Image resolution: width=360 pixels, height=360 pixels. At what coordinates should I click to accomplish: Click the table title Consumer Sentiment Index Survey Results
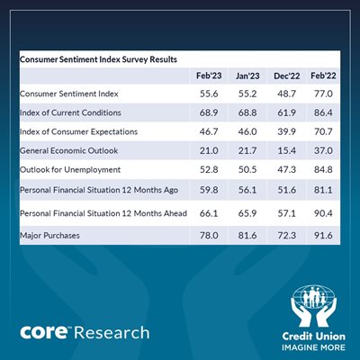pyautogui.click(x=98, y=59)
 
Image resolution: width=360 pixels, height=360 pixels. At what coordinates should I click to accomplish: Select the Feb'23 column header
pyautogui.click(x=209, y=76)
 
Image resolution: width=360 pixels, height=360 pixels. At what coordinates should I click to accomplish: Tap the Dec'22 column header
pyautogui.click(x=287, y=76)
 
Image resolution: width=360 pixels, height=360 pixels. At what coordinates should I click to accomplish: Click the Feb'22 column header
pyautogui.click(x=323, y=76)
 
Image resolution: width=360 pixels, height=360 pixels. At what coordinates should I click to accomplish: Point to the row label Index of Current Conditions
pyautogui.click(x=70, y=112)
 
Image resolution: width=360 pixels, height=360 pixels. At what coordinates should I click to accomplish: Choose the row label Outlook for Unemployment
pyautogui.click(x=70, y=170)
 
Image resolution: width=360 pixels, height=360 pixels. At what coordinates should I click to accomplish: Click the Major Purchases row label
pyautogui.click(x=49, y=236)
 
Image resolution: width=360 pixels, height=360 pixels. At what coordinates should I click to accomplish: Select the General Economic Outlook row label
pyautogui.click(x=69, y=150)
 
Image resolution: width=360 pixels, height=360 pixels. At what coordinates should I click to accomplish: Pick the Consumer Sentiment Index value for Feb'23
pyautogui.click(x=209, y=94)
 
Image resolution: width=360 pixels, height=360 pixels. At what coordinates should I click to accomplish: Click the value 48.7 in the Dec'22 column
pyautogui.click(x=287, y=94)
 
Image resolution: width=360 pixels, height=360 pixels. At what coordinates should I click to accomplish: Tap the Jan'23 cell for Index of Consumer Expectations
pyautogui.click(x=247, y=131)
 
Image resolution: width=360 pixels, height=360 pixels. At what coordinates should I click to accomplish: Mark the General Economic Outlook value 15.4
pyautogui.click(x=287, y=150)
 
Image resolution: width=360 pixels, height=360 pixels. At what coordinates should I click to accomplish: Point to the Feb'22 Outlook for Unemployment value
pyautogui.click(x=323, y=170)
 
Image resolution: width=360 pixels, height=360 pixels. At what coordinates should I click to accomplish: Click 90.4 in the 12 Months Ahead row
pyautogui.click(x=323, y=213)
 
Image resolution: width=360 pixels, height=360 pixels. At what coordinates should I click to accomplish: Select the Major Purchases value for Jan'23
pyautogui.click(x=247, y=236)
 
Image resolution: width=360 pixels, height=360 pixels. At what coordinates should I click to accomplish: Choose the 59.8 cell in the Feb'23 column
pyautogui.click(x=209, y=190)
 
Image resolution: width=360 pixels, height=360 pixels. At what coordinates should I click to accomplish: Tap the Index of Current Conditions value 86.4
pyautogui.click(x=323, y=112)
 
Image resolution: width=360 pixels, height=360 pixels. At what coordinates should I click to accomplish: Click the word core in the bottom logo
pyautogui.click(x=44, y=332)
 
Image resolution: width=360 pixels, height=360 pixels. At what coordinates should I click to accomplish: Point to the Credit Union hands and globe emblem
pyautogui.click(x=314, y=306)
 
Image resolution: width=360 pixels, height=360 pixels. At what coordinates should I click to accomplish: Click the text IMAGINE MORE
pyautogui.click(x=313, y=347)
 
